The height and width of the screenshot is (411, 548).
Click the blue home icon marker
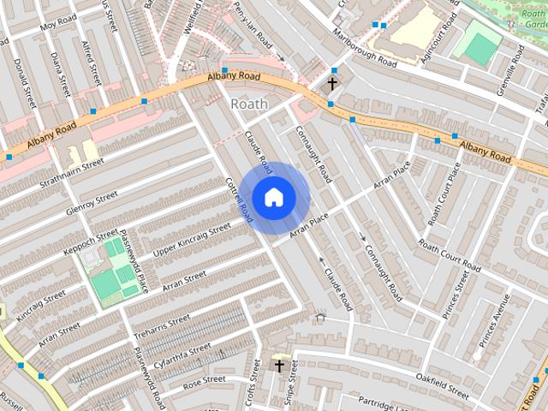[x=273, y=197]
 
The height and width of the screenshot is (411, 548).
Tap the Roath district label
[x=249, y=104]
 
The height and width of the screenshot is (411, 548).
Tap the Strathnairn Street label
[x=70, y=172]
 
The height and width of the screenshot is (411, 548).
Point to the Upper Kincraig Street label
[x=192, y=239]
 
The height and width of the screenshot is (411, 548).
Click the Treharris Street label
[x=162, y=329]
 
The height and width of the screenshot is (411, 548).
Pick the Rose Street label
[x=203, y=379]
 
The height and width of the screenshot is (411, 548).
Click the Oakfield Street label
[x=442, y=384]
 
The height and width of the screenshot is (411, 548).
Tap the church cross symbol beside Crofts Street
[x=277, y=366]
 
